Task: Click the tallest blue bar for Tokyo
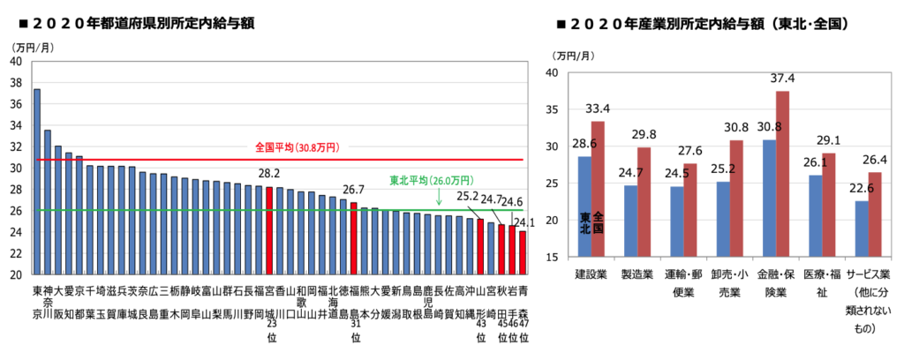[37, 181]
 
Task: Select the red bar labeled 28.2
[269, 230]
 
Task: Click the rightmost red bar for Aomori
[523, 252]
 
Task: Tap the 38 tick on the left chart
[17, 83]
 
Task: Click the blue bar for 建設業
[584, 206]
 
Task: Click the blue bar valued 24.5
[676, 221]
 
